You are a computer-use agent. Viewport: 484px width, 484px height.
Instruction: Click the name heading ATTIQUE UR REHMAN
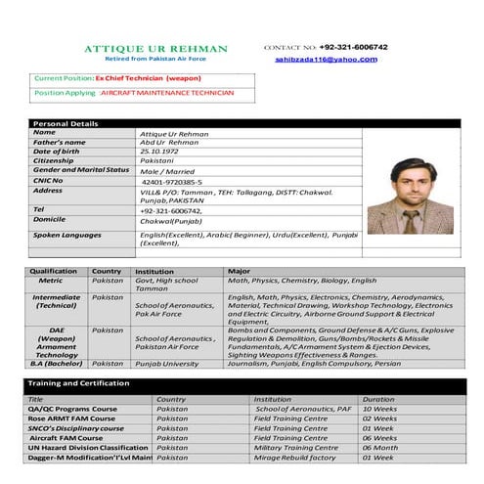(x=155, y=49)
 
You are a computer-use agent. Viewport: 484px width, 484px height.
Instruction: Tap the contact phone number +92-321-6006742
(x=353, y=47)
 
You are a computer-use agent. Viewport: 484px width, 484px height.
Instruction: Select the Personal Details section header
(x=65, y=124)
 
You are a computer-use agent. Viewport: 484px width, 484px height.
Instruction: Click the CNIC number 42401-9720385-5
(x=172, y=182)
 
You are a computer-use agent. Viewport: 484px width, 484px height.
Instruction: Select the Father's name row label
(x=60, y=142)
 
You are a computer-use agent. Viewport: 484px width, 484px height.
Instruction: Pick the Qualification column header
(x=54, y=271)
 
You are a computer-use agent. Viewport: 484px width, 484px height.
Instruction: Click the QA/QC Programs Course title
(x=72, y=410)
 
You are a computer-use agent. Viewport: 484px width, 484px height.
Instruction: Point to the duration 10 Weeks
(x=379, y=410)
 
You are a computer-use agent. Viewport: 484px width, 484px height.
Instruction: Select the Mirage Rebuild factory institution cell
(x=295, y=458)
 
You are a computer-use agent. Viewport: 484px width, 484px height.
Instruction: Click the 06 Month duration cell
(x=379, y=448)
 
